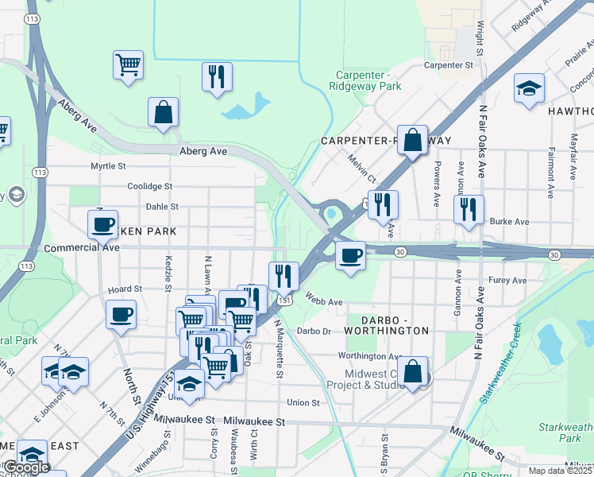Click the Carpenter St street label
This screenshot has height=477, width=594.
(449, 64)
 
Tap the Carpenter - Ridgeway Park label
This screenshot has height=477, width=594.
(366, 80)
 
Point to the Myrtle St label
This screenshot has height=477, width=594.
(108, 166)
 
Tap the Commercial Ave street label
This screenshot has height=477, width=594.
(81, 248)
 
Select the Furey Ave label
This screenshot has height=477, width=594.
(507, 281)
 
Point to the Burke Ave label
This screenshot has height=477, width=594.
(509, 222)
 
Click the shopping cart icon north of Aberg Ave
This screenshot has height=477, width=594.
(128, 64)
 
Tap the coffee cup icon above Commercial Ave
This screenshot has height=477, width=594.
(102, 224)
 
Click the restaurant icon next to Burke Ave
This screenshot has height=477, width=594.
(469, 209)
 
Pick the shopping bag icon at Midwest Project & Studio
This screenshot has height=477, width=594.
(413, 370)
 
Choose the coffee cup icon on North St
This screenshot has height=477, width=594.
(121, 314)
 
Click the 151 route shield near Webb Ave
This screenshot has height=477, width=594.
(283, 301)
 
